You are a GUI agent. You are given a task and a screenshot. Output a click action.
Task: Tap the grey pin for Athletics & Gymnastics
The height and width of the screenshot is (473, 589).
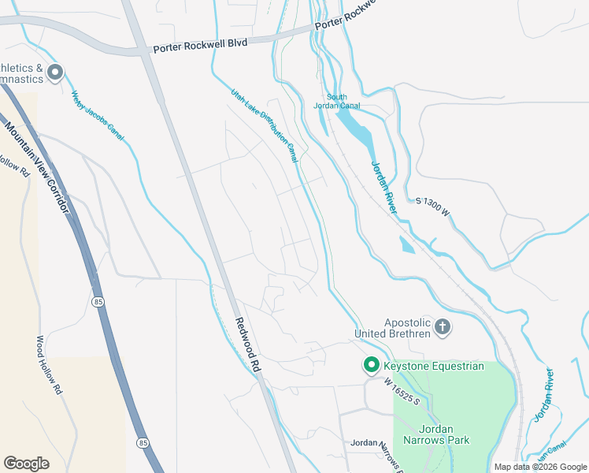pyautogui.click(x=55, y=74)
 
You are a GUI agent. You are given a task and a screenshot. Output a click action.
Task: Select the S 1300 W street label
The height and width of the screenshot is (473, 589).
pyautogui.click(x=432, y=207)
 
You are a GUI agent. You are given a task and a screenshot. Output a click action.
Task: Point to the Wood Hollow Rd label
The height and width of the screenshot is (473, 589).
pyautogui.click(x=47, y=365)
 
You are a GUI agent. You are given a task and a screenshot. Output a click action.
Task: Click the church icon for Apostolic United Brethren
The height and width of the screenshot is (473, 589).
pyautogui.click(x=443, y=326)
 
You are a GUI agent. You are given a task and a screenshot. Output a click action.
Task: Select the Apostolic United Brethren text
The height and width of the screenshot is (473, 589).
pyautogui.click(x=407, y=328)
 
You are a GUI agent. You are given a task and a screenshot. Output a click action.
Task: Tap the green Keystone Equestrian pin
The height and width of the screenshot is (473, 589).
pyautogui.click(x=371, y=365)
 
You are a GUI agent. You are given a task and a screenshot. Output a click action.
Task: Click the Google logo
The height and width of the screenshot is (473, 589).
pyautogui.click(x=27, y=464)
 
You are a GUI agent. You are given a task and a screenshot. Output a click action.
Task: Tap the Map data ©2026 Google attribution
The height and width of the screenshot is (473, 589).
pyautogui.click(x=540, y=467)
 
